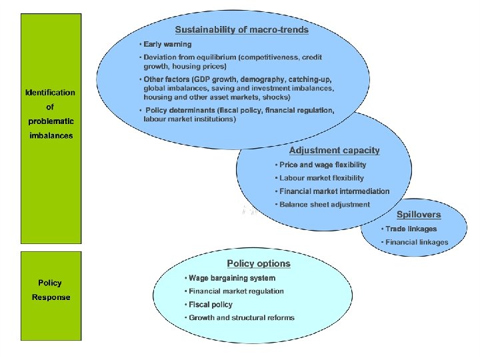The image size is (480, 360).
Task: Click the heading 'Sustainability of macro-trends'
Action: [x=241, y=30]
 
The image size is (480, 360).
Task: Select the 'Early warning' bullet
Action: [x=167, y=45]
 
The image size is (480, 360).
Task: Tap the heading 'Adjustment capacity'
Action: [x=334, y=151]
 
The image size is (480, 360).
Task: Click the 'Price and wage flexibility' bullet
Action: [x=322, y=165]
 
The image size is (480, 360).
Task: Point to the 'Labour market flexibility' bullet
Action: [x=321, y=178]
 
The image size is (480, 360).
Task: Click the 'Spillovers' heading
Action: [x=419, y=215]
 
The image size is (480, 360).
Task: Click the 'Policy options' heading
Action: [x=259, y=263]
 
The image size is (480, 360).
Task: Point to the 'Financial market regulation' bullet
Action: [x=236, y=291]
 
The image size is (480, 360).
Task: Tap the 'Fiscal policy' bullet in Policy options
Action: [x=210, y=305]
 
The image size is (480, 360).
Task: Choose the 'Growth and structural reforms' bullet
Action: [x=241, y=318]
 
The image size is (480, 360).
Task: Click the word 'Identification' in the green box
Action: [x=50, y=93]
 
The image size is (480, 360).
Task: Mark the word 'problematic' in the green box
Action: [x=50, y=121]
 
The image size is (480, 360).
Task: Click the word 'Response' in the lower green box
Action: [x=51, y=297]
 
